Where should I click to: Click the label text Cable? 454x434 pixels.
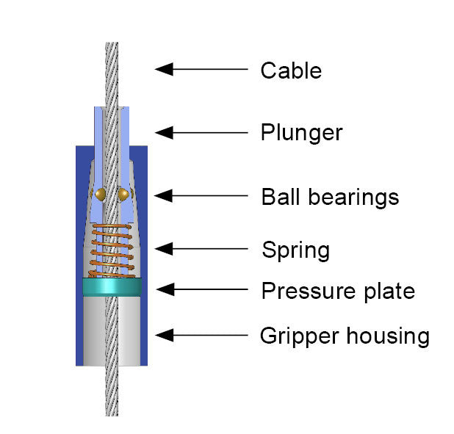[291, 70]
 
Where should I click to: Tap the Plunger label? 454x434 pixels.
[301, 133]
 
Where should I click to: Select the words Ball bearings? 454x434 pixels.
[330, 197]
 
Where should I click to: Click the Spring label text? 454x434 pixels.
[295, 250]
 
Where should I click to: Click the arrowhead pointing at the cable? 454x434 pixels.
[164, 69]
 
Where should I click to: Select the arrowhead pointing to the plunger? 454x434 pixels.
[164, 132]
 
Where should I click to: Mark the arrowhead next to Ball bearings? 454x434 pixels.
[164, 196]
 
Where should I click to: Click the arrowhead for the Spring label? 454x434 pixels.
[164, 250]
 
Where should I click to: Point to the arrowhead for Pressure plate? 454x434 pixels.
[164, 290]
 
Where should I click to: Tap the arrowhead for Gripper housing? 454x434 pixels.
[164, 335]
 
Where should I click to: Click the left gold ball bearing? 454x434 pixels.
[100, 193]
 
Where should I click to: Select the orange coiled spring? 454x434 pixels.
[112, 246]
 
